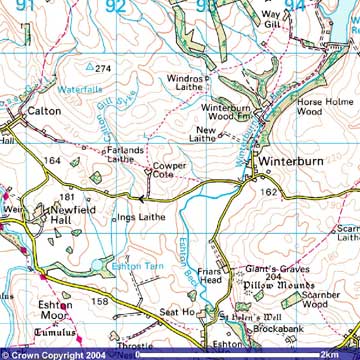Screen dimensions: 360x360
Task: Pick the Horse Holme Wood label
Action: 316,107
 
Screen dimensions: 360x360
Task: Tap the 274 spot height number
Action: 102,68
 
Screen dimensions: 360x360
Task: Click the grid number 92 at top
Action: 116,7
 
